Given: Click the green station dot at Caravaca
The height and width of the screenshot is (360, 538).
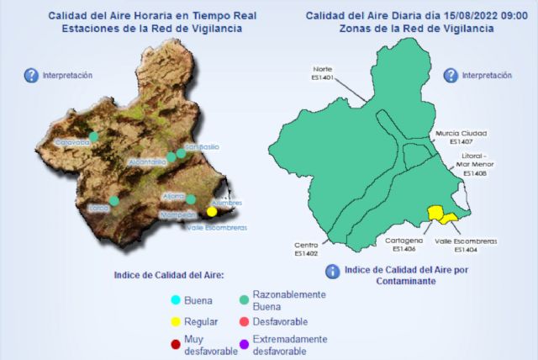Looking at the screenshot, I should [x=93, y=134].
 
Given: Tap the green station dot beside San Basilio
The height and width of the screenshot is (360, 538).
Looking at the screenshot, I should [x=181, y=153].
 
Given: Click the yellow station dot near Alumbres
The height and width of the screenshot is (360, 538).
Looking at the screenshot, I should [x=212, y=212].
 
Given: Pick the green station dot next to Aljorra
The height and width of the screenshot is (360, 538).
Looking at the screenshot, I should [x=191, y=199].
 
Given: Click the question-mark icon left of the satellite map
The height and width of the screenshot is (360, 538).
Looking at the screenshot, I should [x=31, y=76].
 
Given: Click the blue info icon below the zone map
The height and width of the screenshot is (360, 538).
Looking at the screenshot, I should [x=332, y=271].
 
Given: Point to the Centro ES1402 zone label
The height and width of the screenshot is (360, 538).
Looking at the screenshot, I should [x=306, y=249].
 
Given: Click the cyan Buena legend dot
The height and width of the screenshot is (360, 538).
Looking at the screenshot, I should [x=175, y=299].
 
